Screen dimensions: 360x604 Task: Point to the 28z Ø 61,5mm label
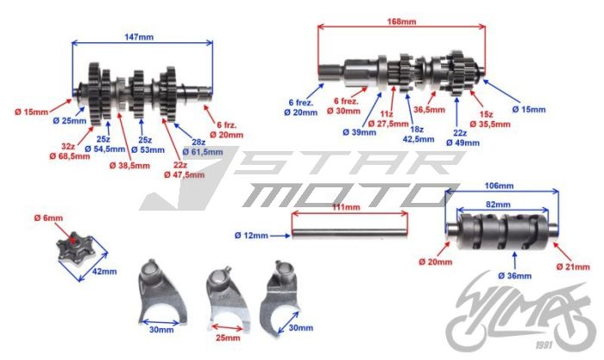pyautogui.click(x=199, y=146)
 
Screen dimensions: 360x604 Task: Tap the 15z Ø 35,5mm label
pyautogui.click(x=489, y=118)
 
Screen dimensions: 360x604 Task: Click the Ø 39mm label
pyautogui.click(x=357, y=131)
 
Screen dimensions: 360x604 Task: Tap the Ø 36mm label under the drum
pyautogui.click(x=515, y=275)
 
